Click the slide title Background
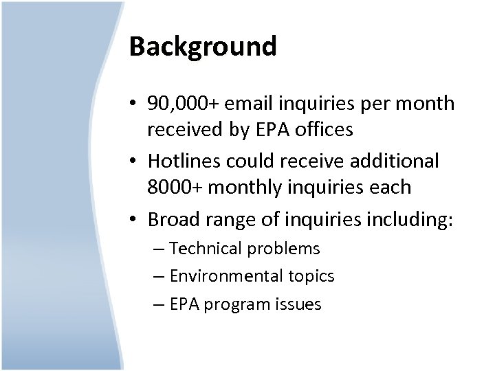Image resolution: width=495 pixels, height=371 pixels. pos(203,47)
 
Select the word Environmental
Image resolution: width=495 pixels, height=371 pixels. pos(226,276)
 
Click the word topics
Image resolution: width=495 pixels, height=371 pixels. pos(311,277)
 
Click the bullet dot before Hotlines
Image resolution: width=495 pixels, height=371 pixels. pos(135,161)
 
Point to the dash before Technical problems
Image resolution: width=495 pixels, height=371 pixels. pos(160,249)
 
